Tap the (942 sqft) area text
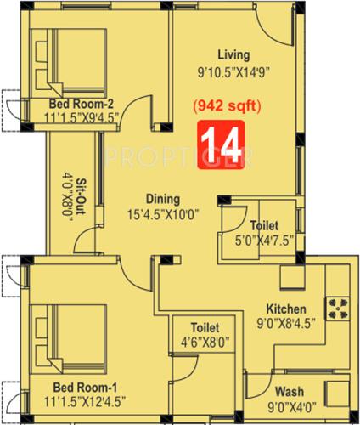pyautogui.click(x=221, y=107)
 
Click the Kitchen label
pyautogui.click(x=286, y=309)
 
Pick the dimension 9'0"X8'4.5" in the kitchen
pyautogui.click(x=286, y=324)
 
